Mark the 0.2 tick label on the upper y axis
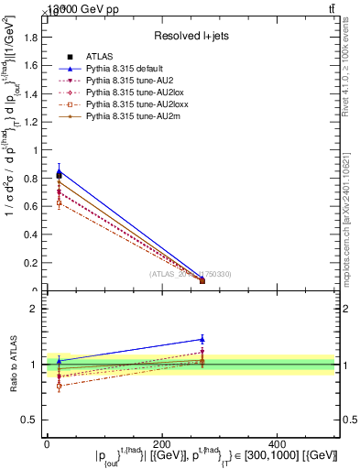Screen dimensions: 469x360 (x=33, y=264)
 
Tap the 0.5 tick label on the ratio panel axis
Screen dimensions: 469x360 (x=33, y=420)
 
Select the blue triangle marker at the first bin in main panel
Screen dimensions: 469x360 (x=59, y=169)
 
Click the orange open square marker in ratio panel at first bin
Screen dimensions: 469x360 (x=59, y=386)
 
